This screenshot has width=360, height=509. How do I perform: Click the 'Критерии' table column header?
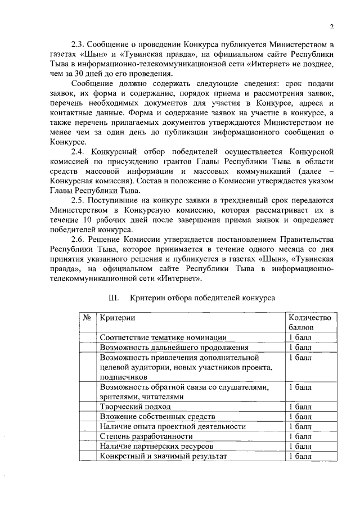pos(117,318)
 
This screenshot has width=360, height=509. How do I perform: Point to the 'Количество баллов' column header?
pos(309,322)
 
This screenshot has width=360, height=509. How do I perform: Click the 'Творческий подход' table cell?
pos(133,406)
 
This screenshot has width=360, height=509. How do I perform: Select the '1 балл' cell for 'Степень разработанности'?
pos(300,436)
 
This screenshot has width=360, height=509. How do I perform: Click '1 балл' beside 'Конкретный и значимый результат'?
pos(300,456)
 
